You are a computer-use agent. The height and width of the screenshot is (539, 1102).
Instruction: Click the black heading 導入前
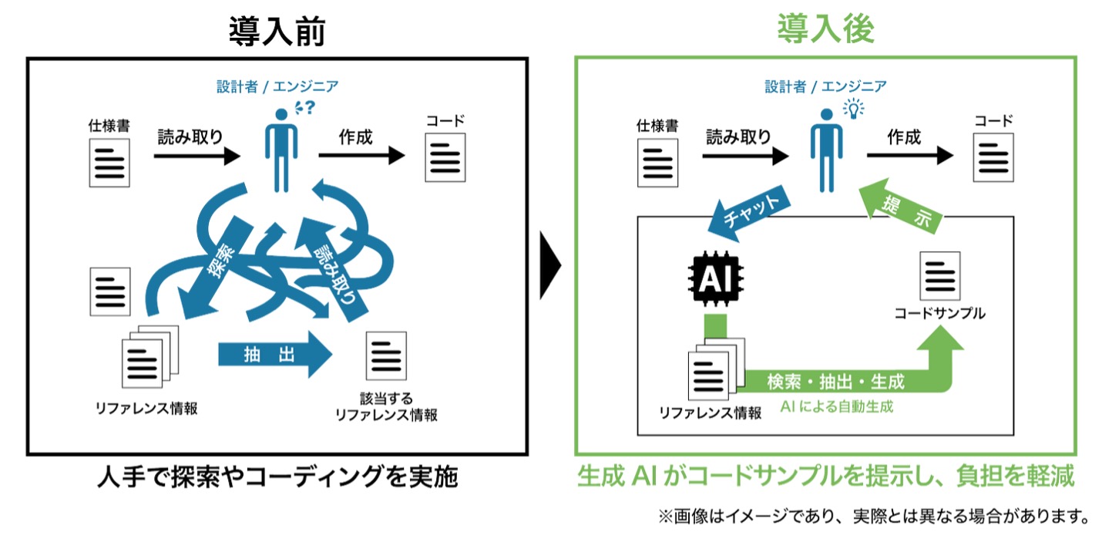pyautogui.click(x=277, y=31)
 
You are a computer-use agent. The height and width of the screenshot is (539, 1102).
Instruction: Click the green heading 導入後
pyautogui.click(x=825, y=29)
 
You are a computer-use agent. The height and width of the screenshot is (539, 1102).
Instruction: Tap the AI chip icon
pyautogui.click(x=716, y=278)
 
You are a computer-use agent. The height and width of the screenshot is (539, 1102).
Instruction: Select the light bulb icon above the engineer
pyautogui.click(x=854, y=108)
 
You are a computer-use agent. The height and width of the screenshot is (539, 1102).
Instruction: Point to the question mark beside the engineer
pyautogui.click(x=310, y=107)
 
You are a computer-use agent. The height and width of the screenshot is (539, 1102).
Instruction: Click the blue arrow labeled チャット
pyautogui.click(x=749, y=214)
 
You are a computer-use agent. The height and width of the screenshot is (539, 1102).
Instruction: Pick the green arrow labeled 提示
pyautogui.click(x=900, y=206)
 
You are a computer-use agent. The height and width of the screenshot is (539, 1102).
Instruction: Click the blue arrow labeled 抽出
pyautogui.click(x=275, y=355)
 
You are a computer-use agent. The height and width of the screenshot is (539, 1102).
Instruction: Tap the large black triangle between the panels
pyautogui.click(x=550, y=265)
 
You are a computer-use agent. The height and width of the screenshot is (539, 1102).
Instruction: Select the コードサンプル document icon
pyautogui.click(x=939, y=275)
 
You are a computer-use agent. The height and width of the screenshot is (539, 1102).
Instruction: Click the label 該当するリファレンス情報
pyautogui.click(x=386, y=406)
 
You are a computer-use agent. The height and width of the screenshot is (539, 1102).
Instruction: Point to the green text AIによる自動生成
pyautogui.click(x=837, y=406)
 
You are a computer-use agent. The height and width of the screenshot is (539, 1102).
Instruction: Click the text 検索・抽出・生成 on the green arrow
pyautogui.click(x=835, y=382)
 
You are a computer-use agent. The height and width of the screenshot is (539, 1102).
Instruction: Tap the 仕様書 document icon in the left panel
pyautogui.click(x=109, y=163)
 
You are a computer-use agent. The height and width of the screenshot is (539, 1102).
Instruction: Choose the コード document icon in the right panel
pyautogui.click(x=993, y=157)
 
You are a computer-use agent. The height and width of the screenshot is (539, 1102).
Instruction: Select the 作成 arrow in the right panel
pyautogui.click(x=910, y=156)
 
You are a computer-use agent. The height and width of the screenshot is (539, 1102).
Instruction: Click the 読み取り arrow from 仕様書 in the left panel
pyautogui.click(x=197, y=156)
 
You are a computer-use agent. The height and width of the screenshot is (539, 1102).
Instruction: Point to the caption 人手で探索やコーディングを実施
pyautogui.click(x=278, y=477)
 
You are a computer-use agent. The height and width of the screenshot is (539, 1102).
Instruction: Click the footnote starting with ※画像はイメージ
pyautogui.click(x=874, y=516)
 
